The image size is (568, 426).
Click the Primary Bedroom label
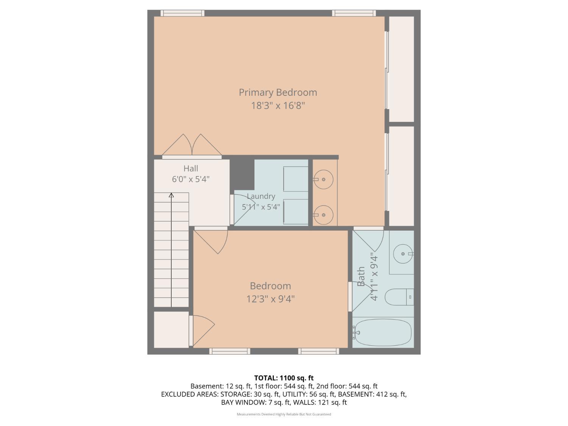click(278, 92)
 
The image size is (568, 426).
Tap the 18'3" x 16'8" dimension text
click(278, 106)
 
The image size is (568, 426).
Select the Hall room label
click(191, 169)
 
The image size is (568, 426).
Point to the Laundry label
click(261, 196)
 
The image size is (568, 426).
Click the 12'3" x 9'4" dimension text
click(270, 299)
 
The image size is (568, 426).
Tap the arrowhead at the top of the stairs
click(171, 195)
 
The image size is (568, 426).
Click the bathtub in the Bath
click(382, 332)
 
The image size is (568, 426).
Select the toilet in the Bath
click(399, 296)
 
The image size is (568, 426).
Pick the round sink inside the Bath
click(403, 254)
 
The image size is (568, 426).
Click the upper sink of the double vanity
click(323, 179)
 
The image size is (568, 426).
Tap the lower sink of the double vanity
click(323, 215)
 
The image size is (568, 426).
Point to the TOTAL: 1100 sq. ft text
click(284, 378)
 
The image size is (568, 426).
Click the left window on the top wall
click(183, 13)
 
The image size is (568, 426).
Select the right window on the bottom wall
click(318, 351)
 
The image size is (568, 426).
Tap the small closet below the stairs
click(171, 329)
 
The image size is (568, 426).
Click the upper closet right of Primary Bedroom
click(402, 69)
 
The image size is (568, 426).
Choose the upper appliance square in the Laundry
click(296, 179)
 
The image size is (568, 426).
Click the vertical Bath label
click(361, 276)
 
